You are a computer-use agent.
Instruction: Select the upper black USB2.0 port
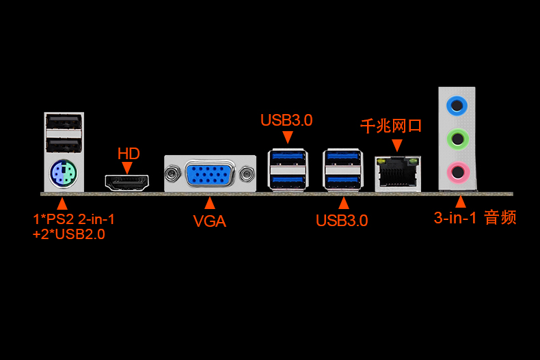(x=64, y=122)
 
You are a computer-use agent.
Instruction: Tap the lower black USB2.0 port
(x=64, y=146)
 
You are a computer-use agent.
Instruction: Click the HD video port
(x=126, y=183)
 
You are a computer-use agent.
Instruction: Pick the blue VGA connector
(x=210, y=174)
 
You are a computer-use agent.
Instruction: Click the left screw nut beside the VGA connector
(x=172, y=174)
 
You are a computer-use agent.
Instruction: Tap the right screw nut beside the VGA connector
(x=247, y=174)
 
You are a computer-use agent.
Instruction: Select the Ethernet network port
(x=398, y=174)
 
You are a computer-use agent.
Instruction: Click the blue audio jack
(x=457, y=105)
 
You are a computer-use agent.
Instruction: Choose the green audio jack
(x=457, y=139)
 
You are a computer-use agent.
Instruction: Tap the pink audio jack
(x=458, y=172)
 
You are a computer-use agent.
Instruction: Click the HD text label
(x=129, y=154)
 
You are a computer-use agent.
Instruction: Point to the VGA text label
(x=209, y=221)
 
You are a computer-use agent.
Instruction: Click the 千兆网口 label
(x=391, y=126)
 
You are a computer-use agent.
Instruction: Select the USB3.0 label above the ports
(x=286, y=120)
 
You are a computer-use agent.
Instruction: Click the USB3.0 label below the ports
(x=342, y=221)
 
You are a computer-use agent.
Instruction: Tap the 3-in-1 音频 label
(x=475, y=218)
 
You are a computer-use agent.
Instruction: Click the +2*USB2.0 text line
(x=68, y=234)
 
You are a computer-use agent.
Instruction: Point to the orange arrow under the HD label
(x=127, y=168)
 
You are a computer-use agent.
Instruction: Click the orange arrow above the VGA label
(x=210, y=203)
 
